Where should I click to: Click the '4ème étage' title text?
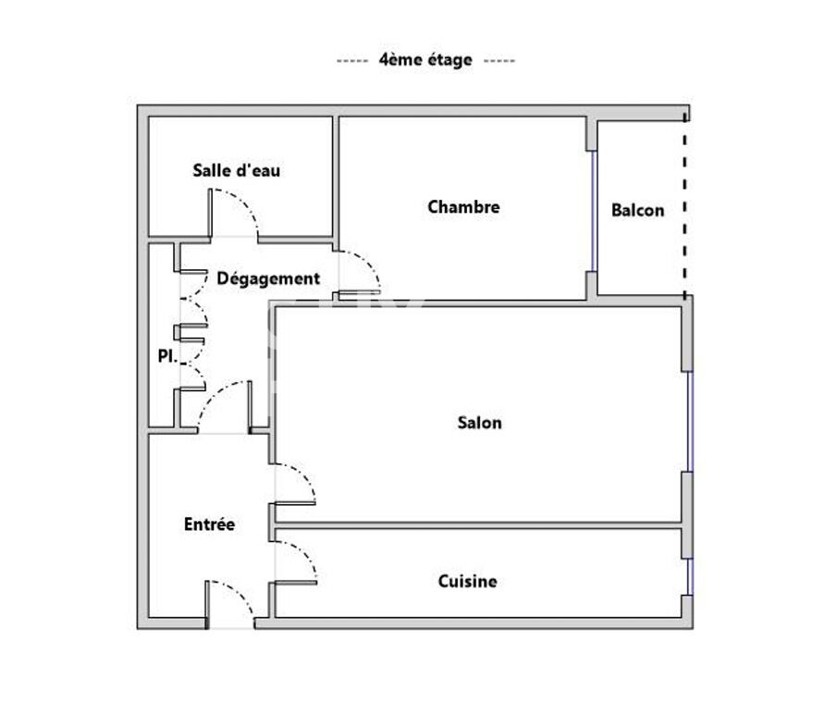tap(425, 60)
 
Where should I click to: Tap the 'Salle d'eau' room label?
tap(237, 170)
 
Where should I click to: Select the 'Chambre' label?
tap(463, 207)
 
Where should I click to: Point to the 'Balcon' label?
tap(637, 210)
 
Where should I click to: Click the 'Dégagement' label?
tap(268, 277)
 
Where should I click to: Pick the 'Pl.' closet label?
tap(166, 356)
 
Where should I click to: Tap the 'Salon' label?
tap(479, 423)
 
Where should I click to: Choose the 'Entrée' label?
tap(209, 524)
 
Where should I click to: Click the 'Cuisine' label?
tap(467, 581)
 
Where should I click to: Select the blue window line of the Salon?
tap(690, 422)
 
